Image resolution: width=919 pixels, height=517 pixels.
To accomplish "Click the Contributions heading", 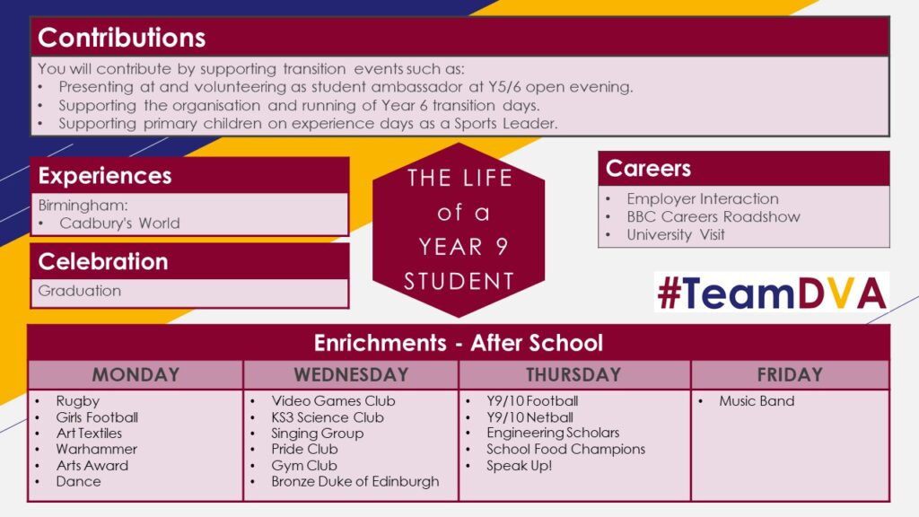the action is (x=121, y=38).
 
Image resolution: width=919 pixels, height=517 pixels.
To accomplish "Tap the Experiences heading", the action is (x=105, y=175).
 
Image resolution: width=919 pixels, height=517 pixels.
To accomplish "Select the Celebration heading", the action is (x=103, y=261).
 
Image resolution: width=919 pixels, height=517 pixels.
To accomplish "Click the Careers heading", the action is (x=648, y=168).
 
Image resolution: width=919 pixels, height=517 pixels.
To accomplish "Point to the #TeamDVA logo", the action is (x=771, y=292).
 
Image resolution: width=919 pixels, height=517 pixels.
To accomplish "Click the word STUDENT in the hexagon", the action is (x=459, y=281).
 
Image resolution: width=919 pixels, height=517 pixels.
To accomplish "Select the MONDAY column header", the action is (x=136, y=374).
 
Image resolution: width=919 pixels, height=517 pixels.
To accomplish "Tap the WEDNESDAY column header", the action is (x=351, y=374).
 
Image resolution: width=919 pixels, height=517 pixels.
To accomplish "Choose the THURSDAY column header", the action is (x=573, y=374).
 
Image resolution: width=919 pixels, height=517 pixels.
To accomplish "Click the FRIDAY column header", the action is (x=790, y=374).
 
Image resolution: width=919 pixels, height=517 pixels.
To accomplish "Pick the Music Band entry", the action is (x=757, y=401).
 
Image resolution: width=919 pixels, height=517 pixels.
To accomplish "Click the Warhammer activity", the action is (x=97, y=449).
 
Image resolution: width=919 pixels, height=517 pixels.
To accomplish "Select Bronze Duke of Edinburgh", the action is (x=355, y=481).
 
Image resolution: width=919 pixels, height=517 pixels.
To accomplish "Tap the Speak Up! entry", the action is (x=520, y=466).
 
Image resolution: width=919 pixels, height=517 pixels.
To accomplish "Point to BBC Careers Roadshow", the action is (x=713, y=216).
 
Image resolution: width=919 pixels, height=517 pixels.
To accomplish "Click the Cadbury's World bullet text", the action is (x=119, y=223).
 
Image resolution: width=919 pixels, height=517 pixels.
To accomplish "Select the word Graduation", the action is (x=80, y=291).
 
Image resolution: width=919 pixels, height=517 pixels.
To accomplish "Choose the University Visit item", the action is (x=676, y=234).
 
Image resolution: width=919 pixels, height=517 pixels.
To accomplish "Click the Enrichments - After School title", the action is (x=459, y=343).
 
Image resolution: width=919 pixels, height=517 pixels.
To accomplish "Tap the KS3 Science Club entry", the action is (x=328, y=417).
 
